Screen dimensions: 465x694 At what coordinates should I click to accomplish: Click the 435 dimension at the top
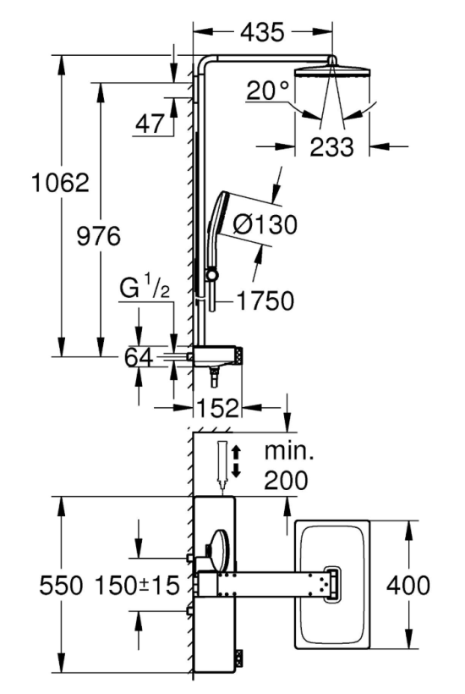click(x=262, y=32)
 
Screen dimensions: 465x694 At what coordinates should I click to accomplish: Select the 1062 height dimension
click(x=60, y=182)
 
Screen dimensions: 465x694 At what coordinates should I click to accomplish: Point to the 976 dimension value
click(x=99, y=235)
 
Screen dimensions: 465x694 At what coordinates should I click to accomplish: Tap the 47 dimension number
click(x=150, y=124)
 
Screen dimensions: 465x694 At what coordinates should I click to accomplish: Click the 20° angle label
click(x=267, y=91)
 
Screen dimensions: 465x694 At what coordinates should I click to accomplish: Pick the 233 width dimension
click(x=332, y=147)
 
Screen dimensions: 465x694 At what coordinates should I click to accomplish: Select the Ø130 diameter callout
click(x=265, y=224)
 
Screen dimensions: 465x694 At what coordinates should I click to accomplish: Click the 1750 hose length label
click(x=265, y=301)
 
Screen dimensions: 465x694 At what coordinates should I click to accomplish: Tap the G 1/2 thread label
click(x=145, y=289)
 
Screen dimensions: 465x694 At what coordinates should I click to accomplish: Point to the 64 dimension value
click(x=139, y=357)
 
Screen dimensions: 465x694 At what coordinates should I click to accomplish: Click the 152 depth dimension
click(x=217, y=408)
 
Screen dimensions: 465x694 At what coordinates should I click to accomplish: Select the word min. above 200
click(x=289, y=451)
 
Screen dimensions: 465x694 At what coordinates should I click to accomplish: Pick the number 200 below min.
click(x=286, y=480)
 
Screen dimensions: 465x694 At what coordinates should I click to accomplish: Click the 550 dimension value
click(x=61, y=585)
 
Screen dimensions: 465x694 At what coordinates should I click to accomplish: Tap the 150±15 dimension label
click(x=138, y=585)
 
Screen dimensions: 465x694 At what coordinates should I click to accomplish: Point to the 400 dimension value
click(x=408, y=585)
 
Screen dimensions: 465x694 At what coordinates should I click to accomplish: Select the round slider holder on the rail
click(x=213, y=274)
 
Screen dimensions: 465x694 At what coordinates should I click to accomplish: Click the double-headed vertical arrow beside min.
click(x=236, y=462)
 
